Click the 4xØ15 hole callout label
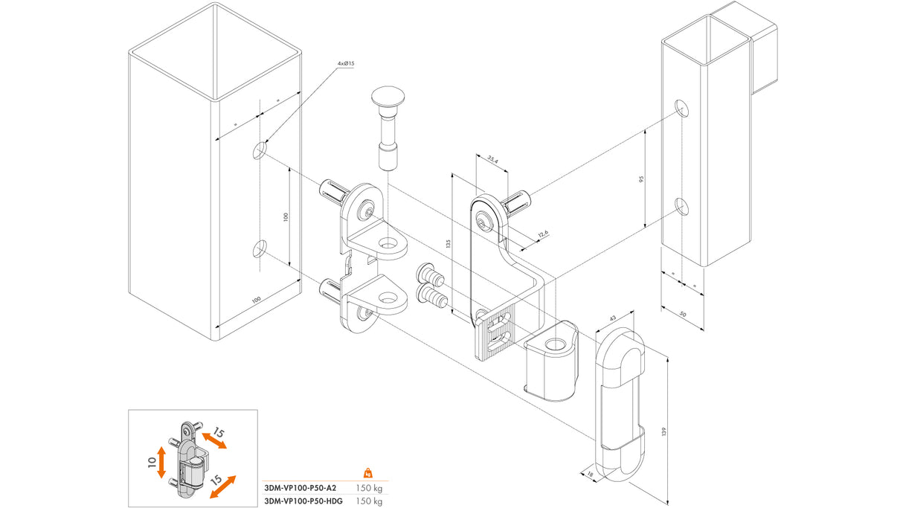click(345, 64)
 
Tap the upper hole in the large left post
click(260, 151)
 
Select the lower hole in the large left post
click(260, 248)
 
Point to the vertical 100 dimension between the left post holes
click(285, 216)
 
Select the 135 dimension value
click(449, 243)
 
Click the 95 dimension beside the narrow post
click(640, 179)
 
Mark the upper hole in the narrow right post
click(682, 109)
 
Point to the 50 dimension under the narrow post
click(683, 315)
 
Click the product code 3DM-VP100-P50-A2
click(301, 488)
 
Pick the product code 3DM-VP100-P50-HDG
click(303, 501)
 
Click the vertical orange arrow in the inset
click(162, 463)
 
